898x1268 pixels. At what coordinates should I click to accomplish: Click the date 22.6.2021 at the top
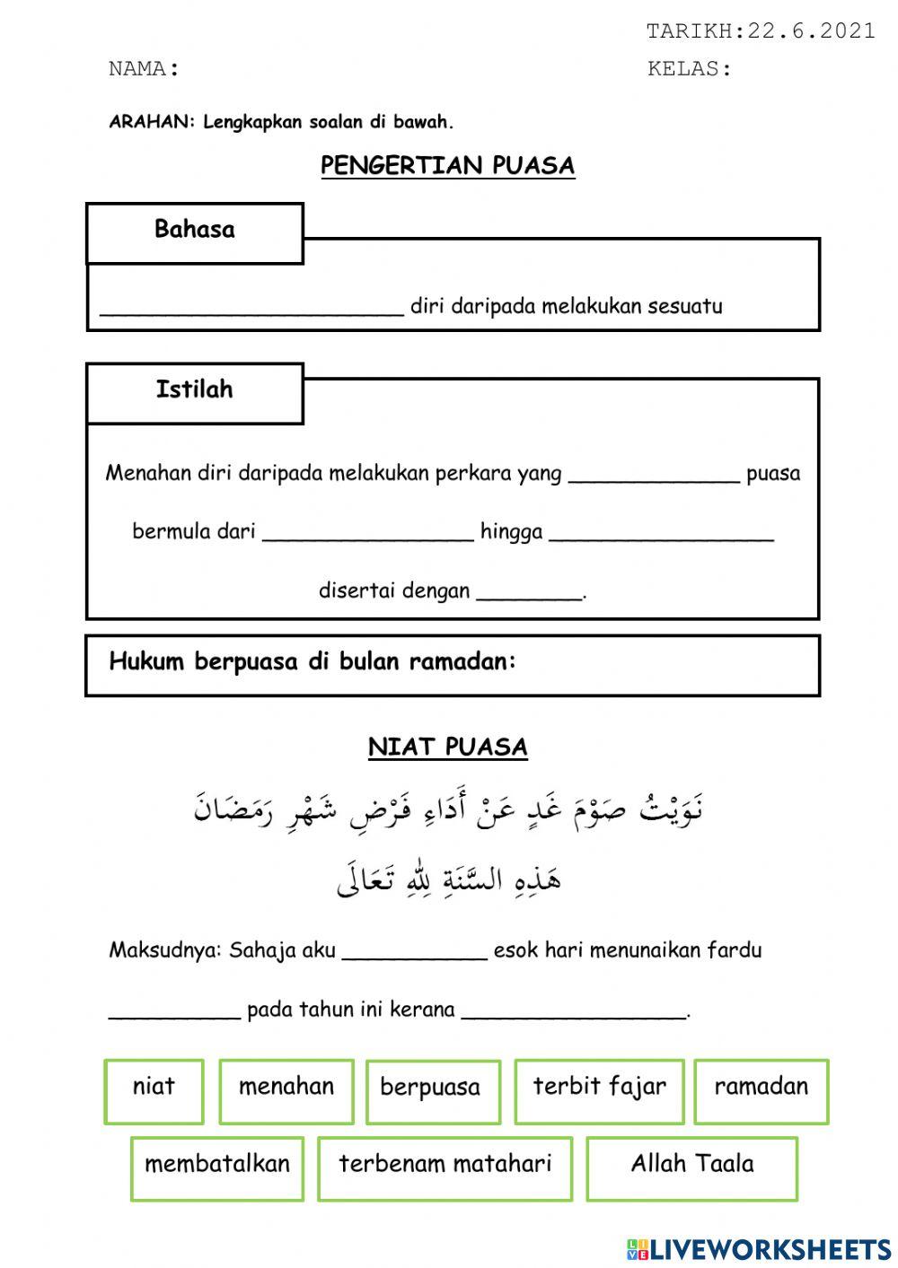pos(811,31)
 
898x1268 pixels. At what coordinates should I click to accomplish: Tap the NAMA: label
pos(144,69)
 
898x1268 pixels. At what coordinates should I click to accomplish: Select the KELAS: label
pos(690,69)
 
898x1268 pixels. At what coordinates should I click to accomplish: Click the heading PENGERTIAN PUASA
pos(447,166)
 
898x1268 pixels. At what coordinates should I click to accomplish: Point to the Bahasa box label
pos(195,230)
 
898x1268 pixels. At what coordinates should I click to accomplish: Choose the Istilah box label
pos(195,389)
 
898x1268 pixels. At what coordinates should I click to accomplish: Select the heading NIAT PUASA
pos(447,748)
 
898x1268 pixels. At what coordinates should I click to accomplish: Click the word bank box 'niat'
pos(154,1089)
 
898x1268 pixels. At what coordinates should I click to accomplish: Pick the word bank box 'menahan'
pos(286,1089)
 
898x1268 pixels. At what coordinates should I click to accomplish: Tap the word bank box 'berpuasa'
pos(432,1089)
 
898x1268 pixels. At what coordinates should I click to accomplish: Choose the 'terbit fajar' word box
pos(599,1089)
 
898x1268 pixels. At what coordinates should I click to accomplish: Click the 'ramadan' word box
pos(761,1089)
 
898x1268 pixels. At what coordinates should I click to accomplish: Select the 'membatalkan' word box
pos(217,1167)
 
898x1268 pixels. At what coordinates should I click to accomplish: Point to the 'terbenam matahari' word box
pos(445,1167)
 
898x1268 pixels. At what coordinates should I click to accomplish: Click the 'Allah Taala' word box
pos(691,1167)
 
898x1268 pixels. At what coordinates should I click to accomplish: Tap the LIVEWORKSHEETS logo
pos(759,1248)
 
